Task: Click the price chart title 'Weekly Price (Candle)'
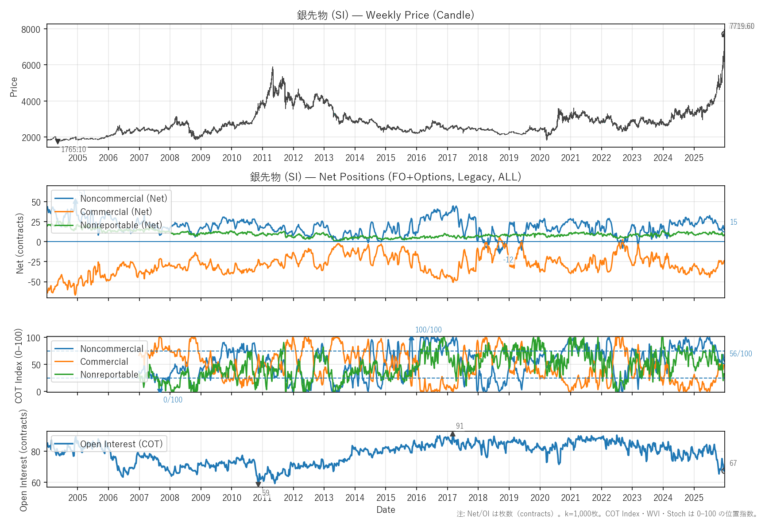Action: [386, 15]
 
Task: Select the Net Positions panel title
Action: [386, 177]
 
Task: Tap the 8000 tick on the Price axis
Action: [31, 30]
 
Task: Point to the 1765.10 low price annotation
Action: [73, 149]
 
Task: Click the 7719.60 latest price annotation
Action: [742, 26]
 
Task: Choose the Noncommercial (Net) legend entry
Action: [124, 199]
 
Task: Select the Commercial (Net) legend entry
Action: [116, 212]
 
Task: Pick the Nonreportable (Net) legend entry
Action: [121, 225]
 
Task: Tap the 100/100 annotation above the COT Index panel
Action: [428, 330]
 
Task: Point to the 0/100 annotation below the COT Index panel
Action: [173, 400]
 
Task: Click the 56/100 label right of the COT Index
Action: [741, 354]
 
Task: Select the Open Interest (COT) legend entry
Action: [121, 444]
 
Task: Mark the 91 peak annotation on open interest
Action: [460, 426]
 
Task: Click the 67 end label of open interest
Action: [733, 463]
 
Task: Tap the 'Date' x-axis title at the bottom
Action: [386, 510]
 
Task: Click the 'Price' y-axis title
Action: [14, 87]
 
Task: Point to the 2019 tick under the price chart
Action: [509, 158]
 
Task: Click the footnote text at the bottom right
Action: [607, 514]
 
